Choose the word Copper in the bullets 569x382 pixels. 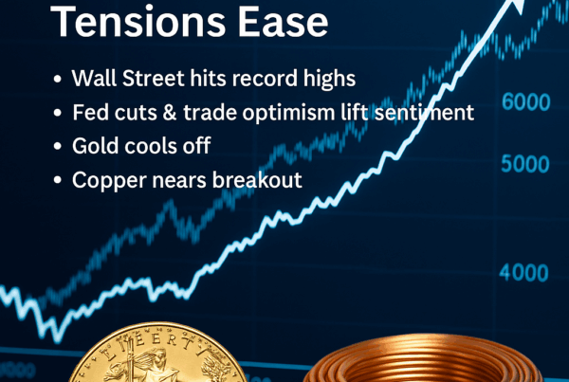(109, 179)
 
